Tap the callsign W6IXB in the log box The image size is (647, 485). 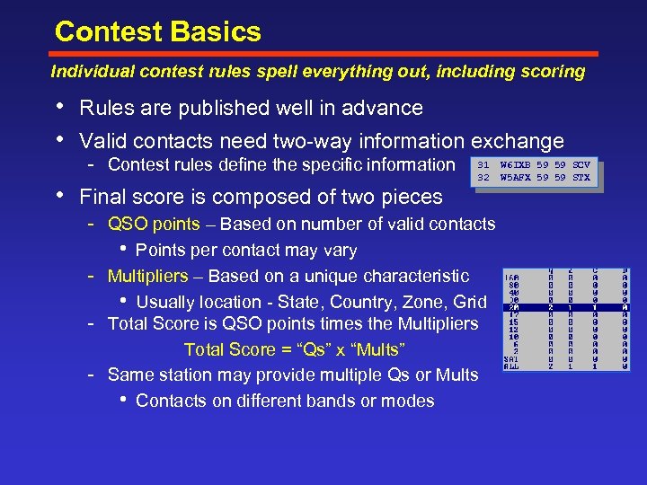(516, 164)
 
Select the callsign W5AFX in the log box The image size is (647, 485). (516, 177)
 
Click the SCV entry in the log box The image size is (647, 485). (581, 164)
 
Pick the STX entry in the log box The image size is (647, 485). (581, 177)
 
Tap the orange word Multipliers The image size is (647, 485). (148, 276)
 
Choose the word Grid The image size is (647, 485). (470, 302)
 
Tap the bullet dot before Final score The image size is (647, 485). (59, 195)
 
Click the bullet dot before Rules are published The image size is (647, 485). (59, 107)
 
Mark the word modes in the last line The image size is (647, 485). (410, 401)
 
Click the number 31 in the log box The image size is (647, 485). (483, 164)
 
